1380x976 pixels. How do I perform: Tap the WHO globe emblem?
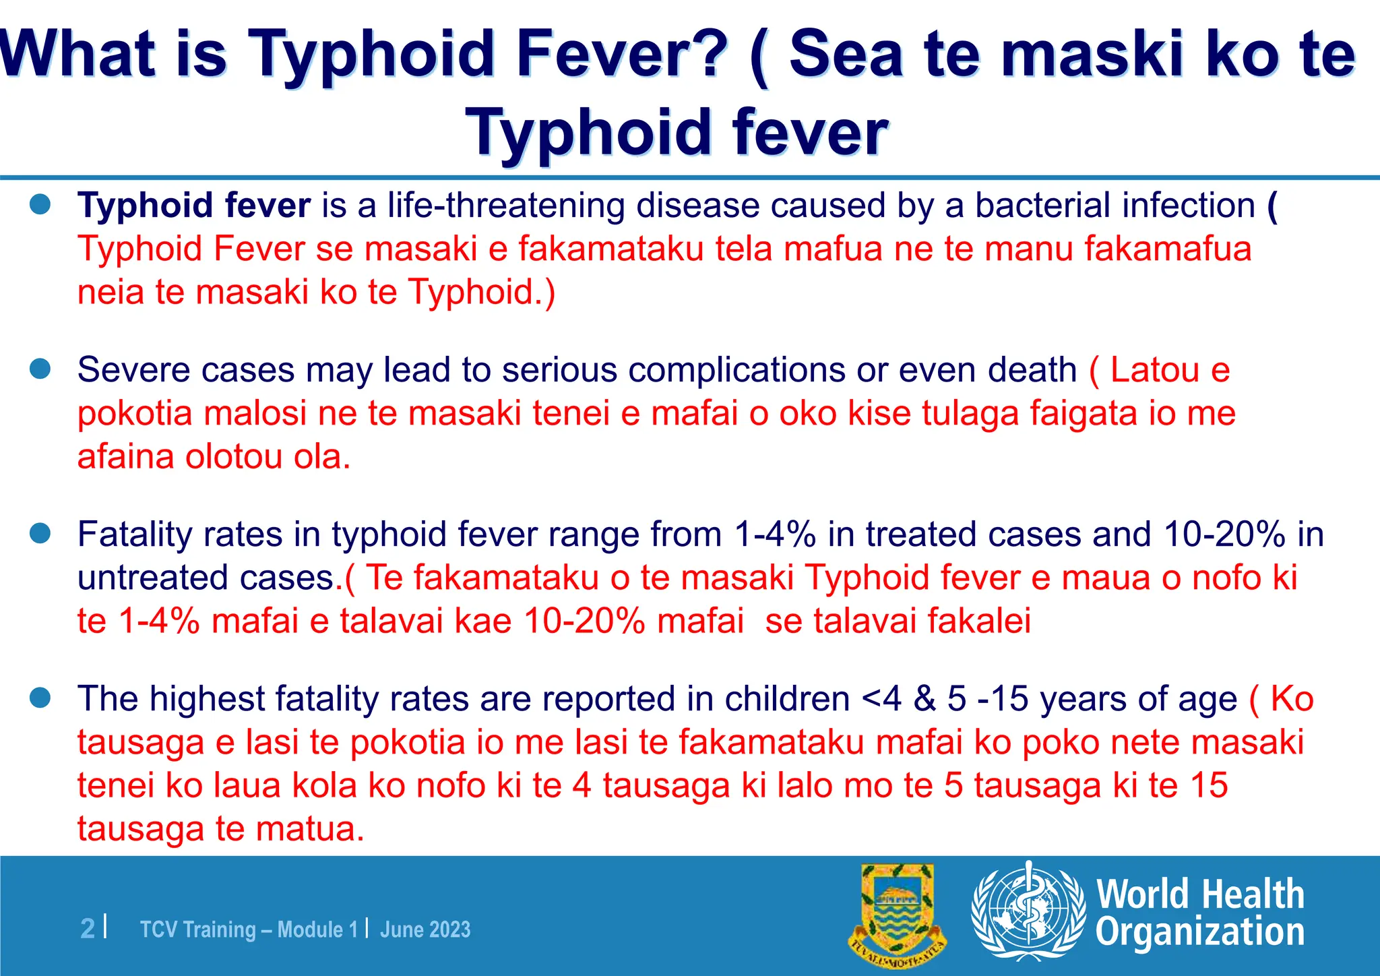pyautogui.click(x=1028, y=911)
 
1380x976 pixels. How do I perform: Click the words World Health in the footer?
pyautogui.click(x=1200, y=894)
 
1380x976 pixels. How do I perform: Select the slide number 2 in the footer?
pyautogui.click(x=88, y=929)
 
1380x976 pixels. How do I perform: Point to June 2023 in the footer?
pyautogui.click(x=425, y=929)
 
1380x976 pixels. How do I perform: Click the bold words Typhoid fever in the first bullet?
pyautogui.click(x=194, y=205)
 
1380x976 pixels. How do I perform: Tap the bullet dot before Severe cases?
pyautogui.click(x=40, y=369)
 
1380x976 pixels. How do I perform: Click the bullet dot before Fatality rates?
pyautogui.click(x=40, y=534)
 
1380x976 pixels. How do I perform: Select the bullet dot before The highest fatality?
pyautogui.click(x=40, y=698)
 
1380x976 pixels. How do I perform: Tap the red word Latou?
pyautogui.click(x=1155, y=369)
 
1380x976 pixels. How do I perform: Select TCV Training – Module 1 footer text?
pyautogui.click(x=249, y=929)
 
